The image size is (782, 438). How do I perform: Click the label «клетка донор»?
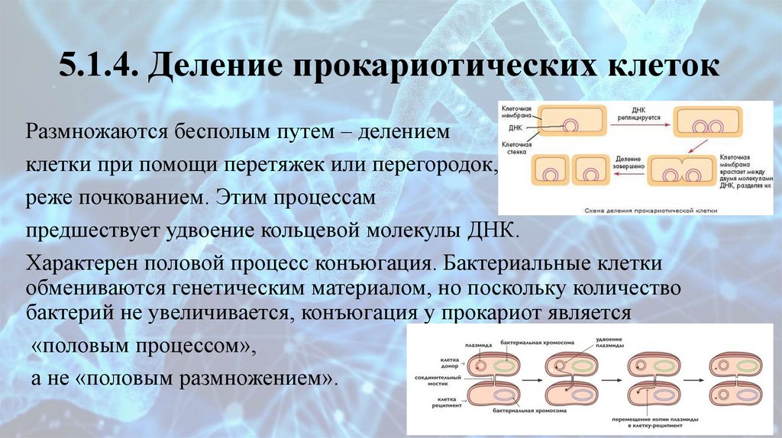click(x=448, y=361)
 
